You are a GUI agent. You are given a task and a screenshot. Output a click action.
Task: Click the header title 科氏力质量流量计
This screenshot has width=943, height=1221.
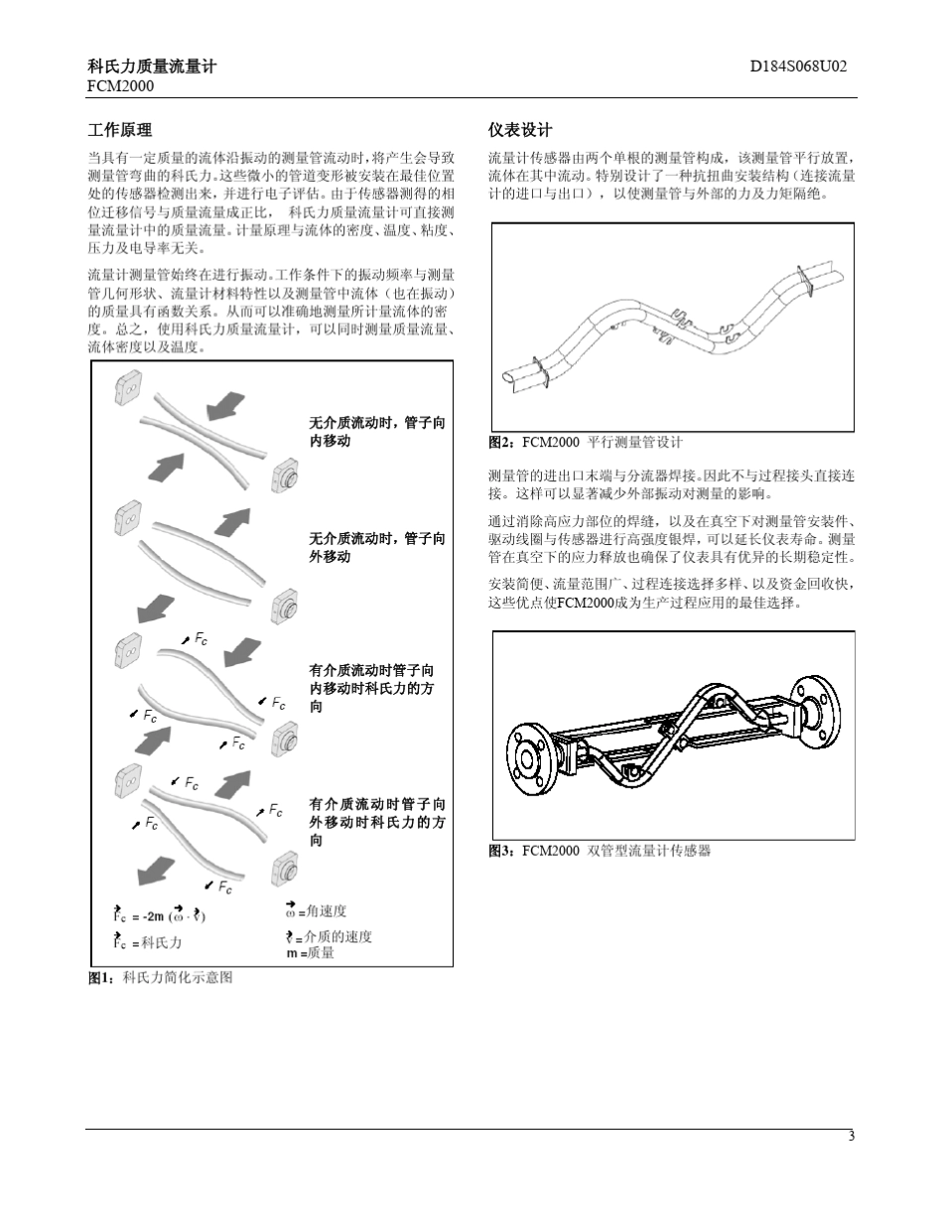point(152,68)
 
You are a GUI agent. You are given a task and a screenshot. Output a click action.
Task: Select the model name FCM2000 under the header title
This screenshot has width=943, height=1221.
point(120,86)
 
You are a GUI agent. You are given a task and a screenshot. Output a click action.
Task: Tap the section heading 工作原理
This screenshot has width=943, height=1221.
point(120,130)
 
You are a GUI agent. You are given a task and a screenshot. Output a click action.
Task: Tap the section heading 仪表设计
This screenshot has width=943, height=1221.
point(520,130)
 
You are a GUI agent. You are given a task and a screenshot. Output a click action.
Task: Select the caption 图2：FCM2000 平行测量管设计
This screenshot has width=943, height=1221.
point(586,442)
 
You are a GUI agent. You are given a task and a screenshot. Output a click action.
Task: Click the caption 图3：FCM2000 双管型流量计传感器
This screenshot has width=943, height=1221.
point(600,851)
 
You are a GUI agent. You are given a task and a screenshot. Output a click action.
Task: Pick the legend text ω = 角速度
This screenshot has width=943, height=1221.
point(316,911)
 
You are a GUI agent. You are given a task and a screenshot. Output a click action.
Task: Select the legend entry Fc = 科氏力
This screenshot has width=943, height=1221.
point(146,942)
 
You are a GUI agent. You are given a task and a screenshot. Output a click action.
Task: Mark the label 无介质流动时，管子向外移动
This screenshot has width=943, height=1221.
point(377,547)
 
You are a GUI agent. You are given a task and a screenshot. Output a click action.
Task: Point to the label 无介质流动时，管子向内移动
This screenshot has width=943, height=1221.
point(377,432)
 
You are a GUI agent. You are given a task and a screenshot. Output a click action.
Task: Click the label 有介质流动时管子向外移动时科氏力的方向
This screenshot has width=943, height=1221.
point(377,822)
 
